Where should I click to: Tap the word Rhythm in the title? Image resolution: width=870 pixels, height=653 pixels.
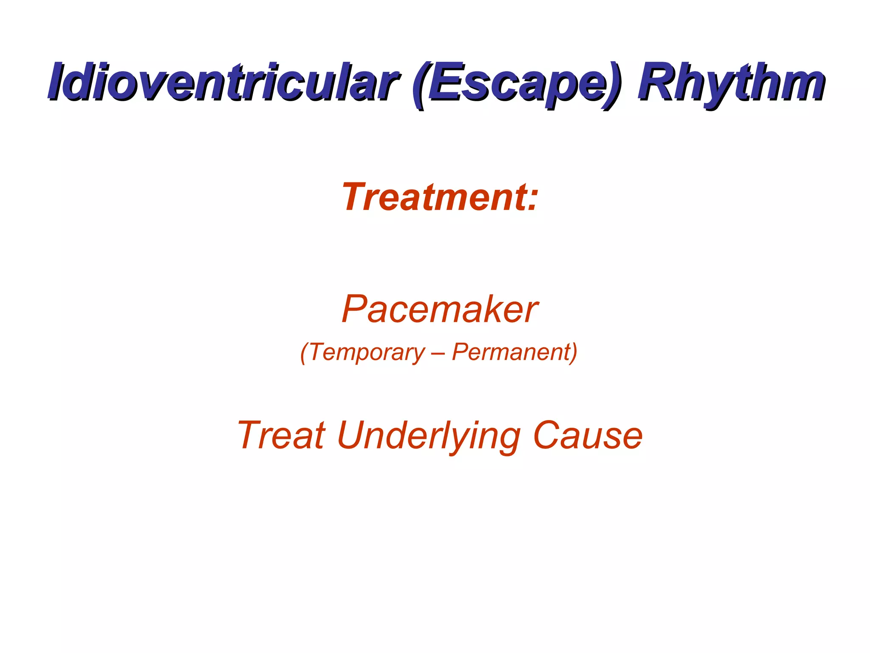point(731,82)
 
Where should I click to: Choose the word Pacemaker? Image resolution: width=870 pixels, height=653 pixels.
point(439,309)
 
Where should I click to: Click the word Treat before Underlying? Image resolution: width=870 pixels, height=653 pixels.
point(281,435)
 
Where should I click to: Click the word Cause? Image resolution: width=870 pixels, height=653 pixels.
point(588,435)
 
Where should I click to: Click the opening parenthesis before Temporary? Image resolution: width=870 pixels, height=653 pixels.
point(304,353)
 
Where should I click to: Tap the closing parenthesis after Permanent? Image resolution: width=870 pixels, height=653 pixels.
point(573,353)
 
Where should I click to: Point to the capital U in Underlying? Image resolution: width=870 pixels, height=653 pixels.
point(352,435)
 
